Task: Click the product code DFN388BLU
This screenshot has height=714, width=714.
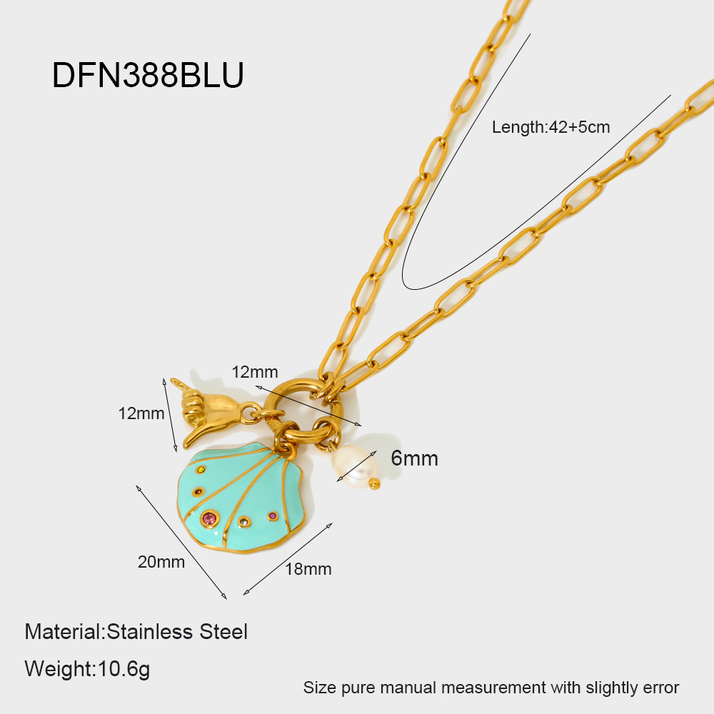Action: [x=148, y=75]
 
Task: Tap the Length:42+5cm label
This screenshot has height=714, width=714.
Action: [x=550, y=128]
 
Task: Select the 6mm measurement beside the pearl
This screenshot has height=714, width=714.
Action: [x=414, y=458]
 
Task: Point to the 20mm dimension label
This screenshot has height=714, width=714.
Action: [x=161, y=562]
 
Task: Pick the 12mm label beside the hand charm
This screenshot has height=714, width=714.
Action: [x=141, y=413]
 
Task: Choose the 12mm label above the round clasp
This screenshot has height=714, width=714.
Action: [x=254, y=371]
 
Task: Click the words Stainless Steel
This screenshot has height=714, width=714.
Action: [x=177, y=632]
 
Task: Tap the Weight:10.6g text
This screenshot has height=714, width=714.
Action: [x=87, y=669]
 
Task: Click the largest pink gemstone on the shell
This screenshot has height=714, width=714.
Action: [x=209, y=518]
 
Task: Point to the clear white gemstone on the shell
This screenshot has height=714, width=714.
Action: [x=245, y=521]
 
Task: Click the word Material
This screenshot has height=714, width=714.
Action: [x=64, y=632]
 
